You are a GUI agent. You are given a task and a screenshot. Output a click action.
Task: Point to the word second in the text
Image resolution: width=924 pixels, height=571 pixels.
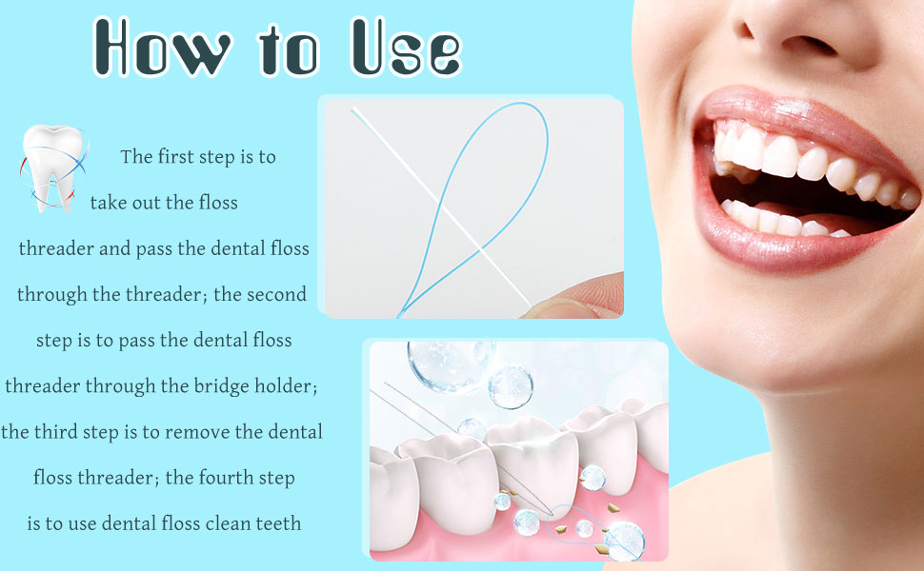pos(276,294)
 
